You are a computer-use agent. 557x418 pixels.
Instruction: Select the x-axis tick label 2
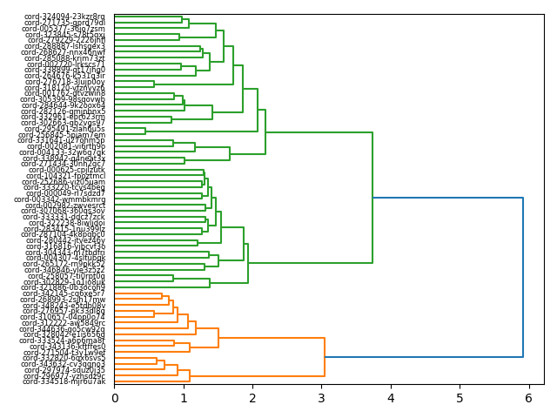(x=252, y=398)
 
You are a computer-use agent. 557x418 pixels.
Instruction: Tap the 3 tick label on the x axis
(x=321, y=398)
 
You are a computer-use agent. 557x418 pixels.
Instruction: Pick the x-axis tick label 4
(x=391, y=398)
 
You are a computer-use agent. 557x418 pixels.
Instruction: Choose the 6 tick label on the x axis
(x=528, y=398)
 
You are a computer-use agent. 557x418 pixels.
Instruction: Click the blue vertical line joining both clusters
(x=523, y=278)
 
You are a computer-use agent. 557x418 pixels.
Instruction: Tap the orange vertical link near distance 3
(x=325, y=358)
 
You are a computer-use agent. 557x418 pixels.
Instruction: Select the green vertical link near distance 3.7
(x=372, y=198)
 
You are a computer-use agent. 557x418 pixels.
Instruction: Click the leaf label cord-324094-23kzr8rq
(x=64, y=17)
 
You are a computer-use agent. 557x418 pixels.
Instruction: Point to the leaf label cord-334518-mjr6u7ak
(x=64, y=381)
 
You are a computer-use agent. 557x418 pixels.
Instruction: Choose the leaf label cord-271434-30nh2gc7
(x=64, y=164)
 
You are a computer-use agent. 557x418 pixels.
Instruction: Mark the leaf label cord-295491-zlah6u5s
(x=64, y=129)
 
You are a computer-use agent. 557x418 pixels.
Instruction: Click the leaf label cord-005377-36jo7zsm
(x=64, y=29)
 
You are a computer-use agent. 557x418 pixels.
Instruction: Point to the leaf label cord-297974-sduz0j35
(x=64, y=370)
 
